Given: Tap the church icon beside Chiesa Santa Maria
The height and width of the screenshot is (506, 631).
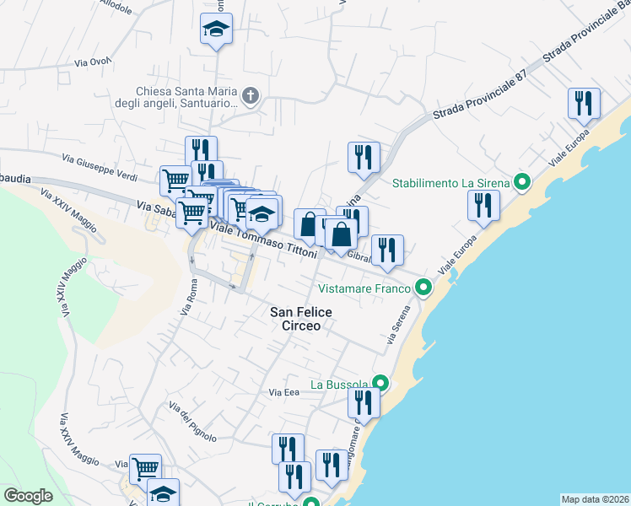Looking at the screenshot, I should (x=250, y=96).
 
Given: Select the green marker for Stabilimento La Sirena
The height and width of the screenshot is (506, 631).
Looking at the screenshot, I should (x=522, y=182).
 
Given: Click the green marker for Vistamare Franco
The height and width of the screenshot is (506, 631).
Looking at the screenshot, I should (x=424, y=288).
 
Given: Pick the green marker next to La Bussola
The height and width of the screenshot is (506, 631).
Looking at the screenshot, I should (x=380, y=384).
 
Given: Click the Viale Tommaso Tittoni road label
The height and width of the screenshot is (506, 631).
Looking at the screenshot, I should (x=263, y=240).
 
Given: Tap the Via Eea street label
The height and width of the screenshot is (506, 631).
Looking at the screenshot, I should (x=285, y=392).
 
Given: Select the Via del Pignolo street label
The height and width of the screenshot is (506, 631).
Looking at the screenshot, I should (x=192, y=421).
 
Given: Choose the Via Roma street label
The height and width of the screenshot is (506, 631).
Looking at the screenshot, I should (x=188, y=300).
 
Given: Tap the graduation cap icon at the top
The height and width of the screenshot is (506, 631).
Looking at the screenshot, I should (x=216, y=29).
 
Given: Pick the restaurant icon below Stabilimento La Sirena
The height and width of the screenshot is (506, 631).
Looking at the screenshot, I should (x=483, y=205).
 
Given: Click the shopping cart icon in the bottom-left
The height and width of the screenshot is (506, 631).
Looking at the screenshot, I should (x=145, y=468).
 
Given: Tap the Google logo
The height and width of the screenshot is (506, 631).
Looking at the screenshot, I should (x=28, y=496).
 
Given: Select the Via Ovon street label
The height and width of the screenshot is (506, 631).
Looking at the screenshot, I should (x=93, y=62).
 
